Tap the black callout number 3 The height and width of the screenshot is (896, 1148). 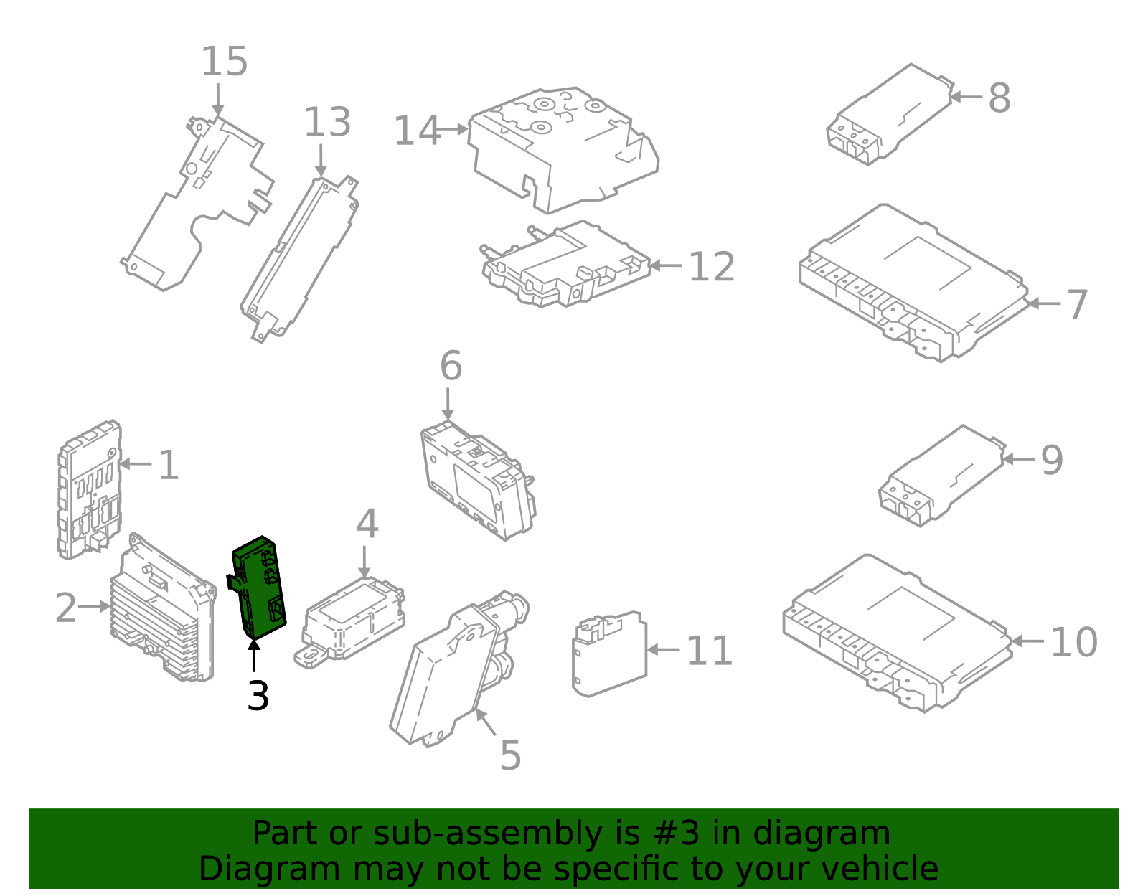point(258,696)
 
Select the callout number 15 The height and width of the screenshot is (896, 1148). point(224,62)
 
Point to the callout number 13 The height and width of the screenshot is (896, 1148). point(327,123)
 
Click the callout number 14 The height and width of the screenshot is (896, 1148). point(417,131)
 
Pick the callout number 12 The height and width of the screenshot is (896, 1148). point(711,267)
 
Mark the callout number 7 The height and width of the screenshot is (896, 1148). point(1077,305)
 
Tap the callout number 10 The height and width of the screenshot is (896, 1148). point(1073,642)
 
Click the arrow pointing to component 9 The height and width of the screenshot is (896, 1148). point(1017,459)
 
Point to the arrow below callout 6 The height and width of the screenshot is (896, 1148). point(448,405)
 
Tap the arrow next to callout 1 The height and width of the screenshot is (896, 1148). point(136,464)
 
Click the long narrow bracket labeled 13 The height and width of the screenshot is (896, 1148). point(299,258)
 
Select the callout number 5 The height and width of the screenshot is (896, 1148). point(510,755)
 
